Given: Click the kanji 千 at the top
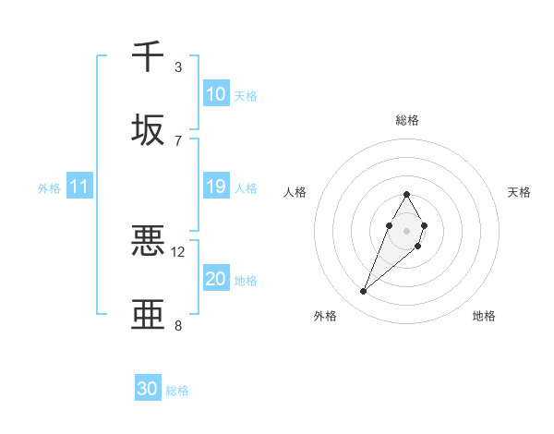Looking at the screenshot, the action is pyautogui.click(x=148, y=56).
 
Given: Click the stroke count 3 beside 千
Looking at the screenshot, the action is pyautogui.click(x=178, y=67).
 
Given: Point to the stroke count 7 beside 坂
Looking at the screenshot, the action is pyautogui.click(x=178, y=141).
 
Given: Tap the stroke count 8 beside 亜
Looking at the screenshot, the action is pyautogui.click(x=178, y=325).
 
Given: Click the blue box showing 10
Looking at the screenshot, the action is pyautogui.click(x=216, y=94).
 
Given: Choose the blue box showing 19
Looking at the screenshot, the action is pyautogui.click(x=216, y=187).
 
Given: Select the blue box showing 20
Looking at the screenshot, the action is pyautogui.click(x=216, y=279).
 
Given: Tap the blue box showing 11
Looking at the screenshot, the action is pyautogui.click(x=79, y=187).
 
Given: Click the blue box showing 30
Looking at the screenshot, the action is pyautogui.click(x=148, y=389).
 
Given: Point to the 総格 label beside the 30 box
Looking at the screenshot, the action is pyautogui.click(x=178, y=391).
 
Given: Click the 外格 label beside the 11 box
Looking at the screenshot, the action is pyautogui.click(x=49, y=188).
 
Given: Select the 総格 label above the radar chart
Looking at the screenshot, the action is pyautogui.click(x=406, y=120).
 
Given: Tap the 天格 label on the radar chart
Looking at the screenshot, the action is pyautogui.click(x=520, y=192).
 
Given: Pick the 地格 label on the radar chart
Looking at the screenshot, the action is pyautogui.click(x=484, y=316).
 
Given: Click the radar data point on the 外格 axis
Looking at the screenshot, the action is pyautogui.click(x=364, y=292).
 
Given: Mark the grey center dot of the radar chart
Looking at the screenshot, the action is pyautogui.click(x=406, y=229).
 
